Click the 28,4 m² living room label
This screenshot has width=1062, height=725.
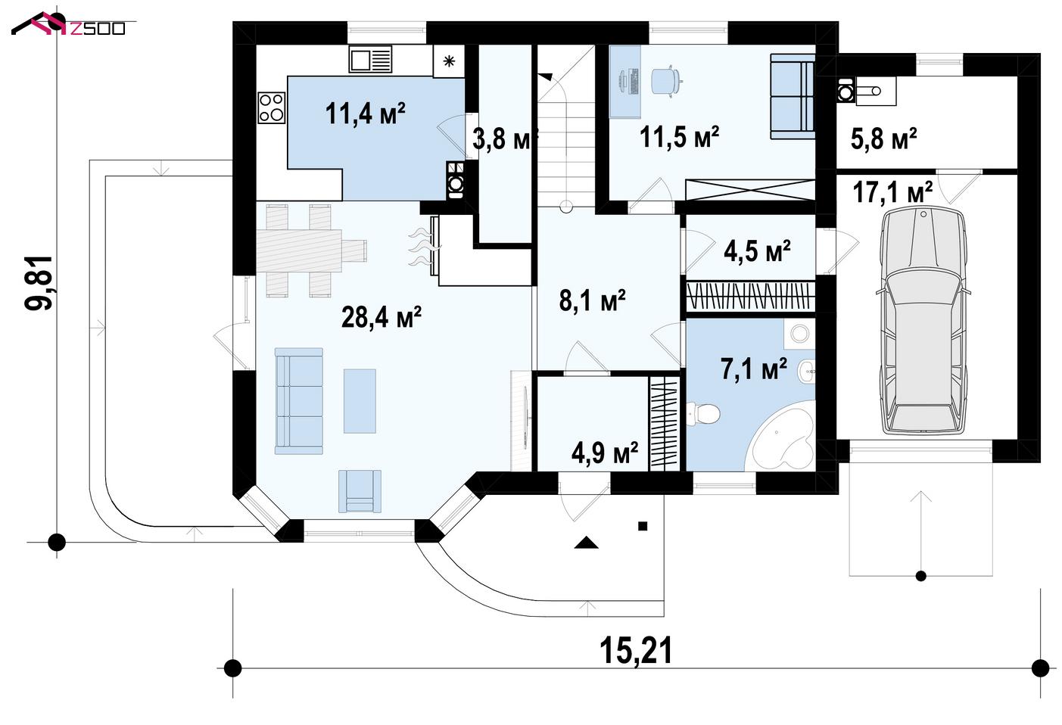click(x=382, y=317)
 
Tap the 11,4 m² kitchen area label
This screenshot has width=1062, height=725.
click(x=365, y=114)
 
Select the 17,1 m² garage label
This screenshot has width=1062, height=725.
click(x=892, y=192)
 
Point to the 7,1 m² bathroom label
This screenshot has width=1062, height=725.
click(x=754, y=369)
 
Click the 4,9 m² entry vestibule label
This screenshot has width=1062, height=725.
click(x=605, y=453)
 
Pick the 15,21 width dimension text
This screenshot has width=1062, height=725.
click(x=636, y=651)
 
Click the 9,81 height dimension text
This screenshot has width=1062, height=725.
click(x=39, y=283)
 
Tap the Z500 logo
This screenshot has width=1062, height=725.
click(x=69, y=25)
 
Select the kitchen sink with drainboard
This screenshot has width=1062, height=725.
click(x=370, y=59)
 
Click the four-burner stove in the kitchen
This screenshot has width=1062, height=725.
click(x=272, y=107)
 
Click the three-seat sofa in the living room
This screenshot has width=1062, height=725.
click(x=299, y=401)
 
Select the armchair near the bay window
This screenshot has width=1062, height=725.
click(x=360, y=491)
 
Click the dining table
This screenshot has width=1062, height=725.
click(x=299, y=250)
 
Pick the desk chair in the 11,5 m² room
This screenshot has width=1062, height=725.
click(x=667, y=82)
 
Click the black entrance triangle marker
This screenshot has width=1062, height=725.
click(x=586, y=543)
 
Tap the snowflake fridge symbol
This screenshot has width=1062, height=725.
click(x=449, y=61)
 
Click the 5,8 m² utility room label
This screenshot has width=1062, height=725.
click(x=883, y=138)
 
